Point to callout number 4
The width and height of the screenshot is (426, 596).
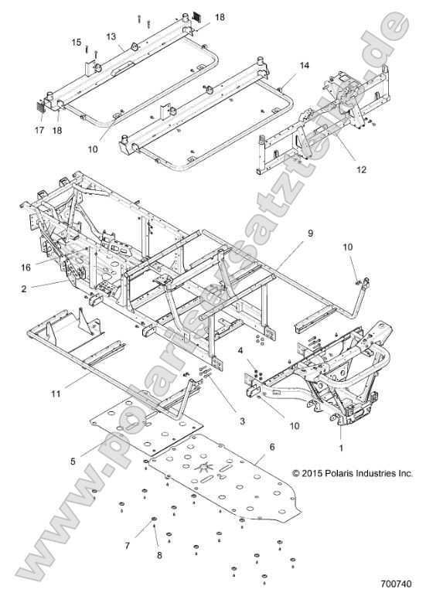241,351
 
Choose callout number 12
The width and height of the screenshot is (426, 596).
340,169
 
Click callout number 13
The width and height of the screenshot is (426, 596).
111,37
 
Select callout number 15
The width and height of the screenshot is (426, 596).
77,42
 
